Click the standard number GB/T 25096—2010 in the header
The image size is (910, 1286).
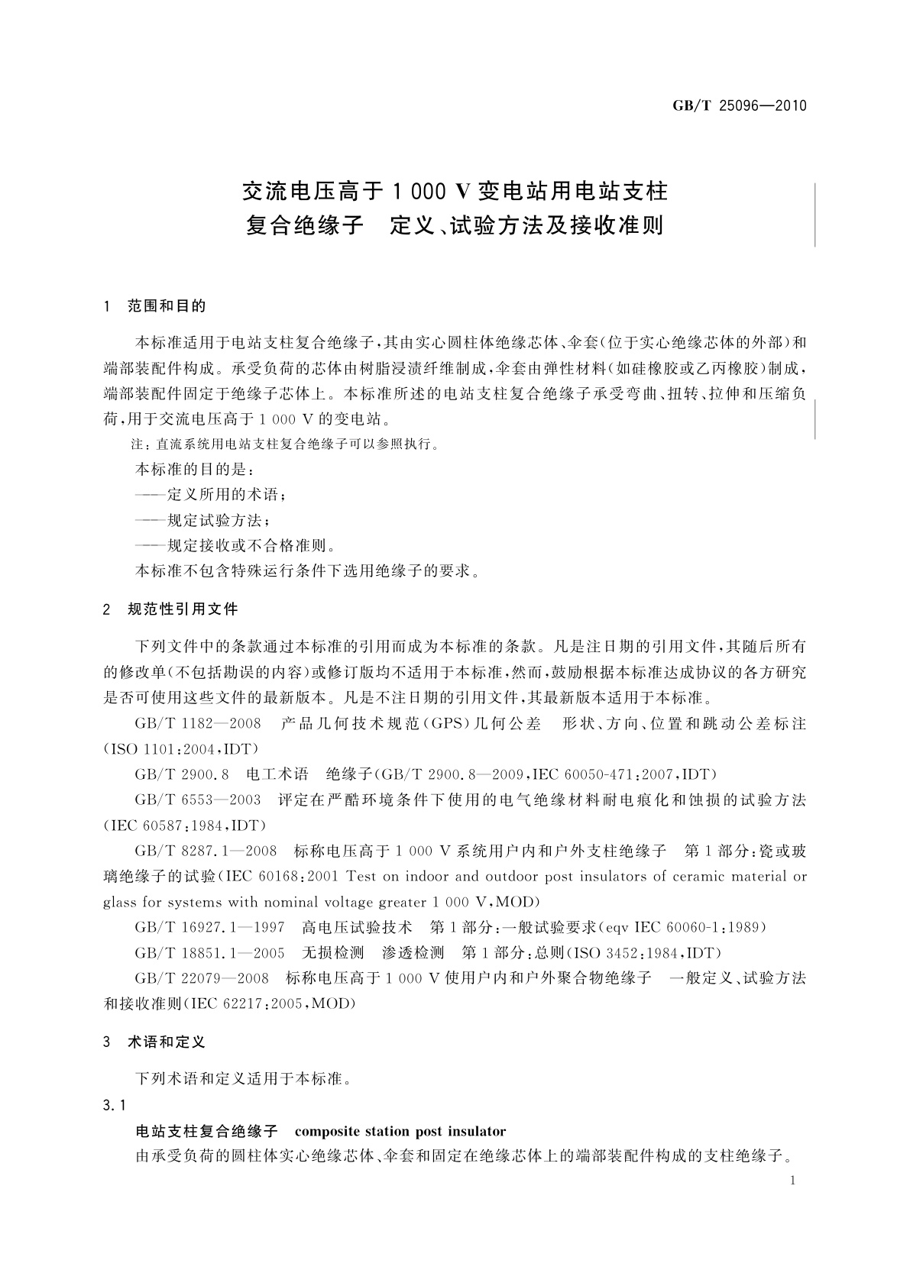740,106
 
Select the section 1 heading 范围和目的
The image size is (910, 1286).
167,306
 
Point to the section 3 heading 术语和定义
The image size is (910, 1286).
167,1042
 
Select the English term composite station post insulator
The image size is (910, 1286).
400,1130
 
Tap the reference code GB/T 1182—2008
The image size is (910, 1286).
198,722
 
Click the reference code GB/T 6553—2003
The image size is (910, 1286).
198,800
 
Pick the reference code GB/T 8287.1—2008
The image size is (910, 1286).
204,850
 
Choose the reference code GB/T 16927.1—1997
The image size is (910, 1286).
209,927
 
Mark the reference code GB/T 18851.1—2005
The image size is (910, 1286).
209,952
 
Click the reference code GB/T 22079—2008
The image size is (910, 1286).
202,978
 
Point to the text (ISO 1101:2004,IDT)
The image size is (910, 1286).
181,748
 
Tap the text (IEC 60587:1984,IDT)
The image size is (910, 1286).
184,826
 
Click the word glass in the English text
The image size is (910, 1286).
121,902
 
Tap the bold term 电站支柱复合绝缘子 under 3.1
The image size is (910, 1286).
206,1130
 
